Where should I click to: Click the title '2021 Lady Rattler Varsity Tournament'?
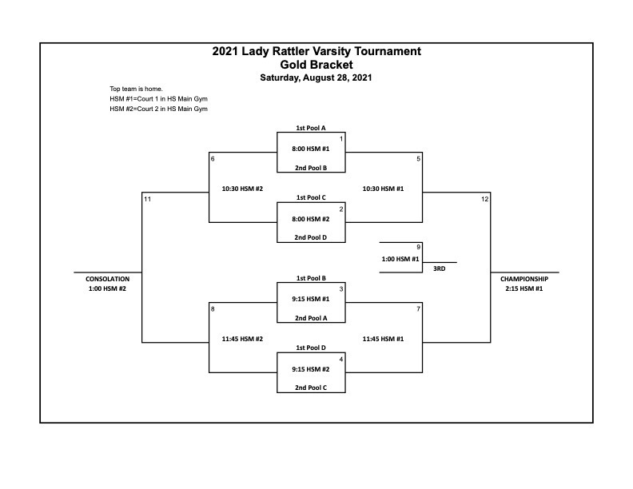316,51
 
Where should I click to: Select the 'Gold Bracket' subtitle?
316,65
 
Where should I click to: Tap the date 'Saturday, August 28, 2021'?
316,78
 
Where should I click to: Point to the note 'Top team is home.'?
136,89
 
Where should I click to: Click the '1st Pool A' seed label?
311,128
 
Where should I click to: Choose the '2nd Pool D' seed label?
310,237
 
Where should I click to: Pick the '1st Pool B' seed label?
311,278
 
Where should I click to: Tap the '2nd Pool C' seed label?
311,388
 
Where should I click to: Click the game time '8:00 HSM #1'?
311,149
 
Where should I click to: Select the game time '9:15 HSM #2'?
311,369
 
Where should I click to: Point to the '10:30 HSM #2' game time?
242,189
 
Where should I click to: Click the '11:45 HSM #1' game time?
383,339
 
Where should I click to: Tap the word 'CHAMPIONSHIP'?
524,279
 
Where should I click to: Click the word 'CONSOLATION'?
107,279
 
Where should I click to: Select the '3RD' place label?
440,268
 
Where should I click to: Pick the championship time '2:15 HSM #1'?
524,288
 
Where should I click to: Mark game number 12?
485,199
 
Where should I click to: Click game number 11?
147,199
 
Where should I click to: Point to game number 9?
419,247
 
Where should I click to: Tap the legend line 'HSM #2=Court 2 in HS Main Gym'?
159,109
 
